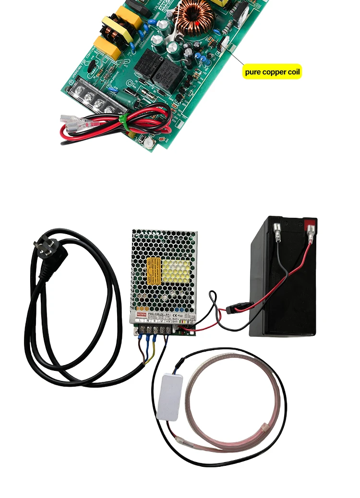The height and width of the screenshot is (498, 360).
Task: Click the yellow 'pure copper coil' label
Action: coord(272,72)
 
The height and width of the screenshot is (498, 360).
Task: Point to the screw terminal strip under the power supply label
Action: coord(154,329)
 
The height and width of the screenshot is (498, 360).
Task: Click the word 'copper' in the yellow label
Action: coord(273,72)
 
